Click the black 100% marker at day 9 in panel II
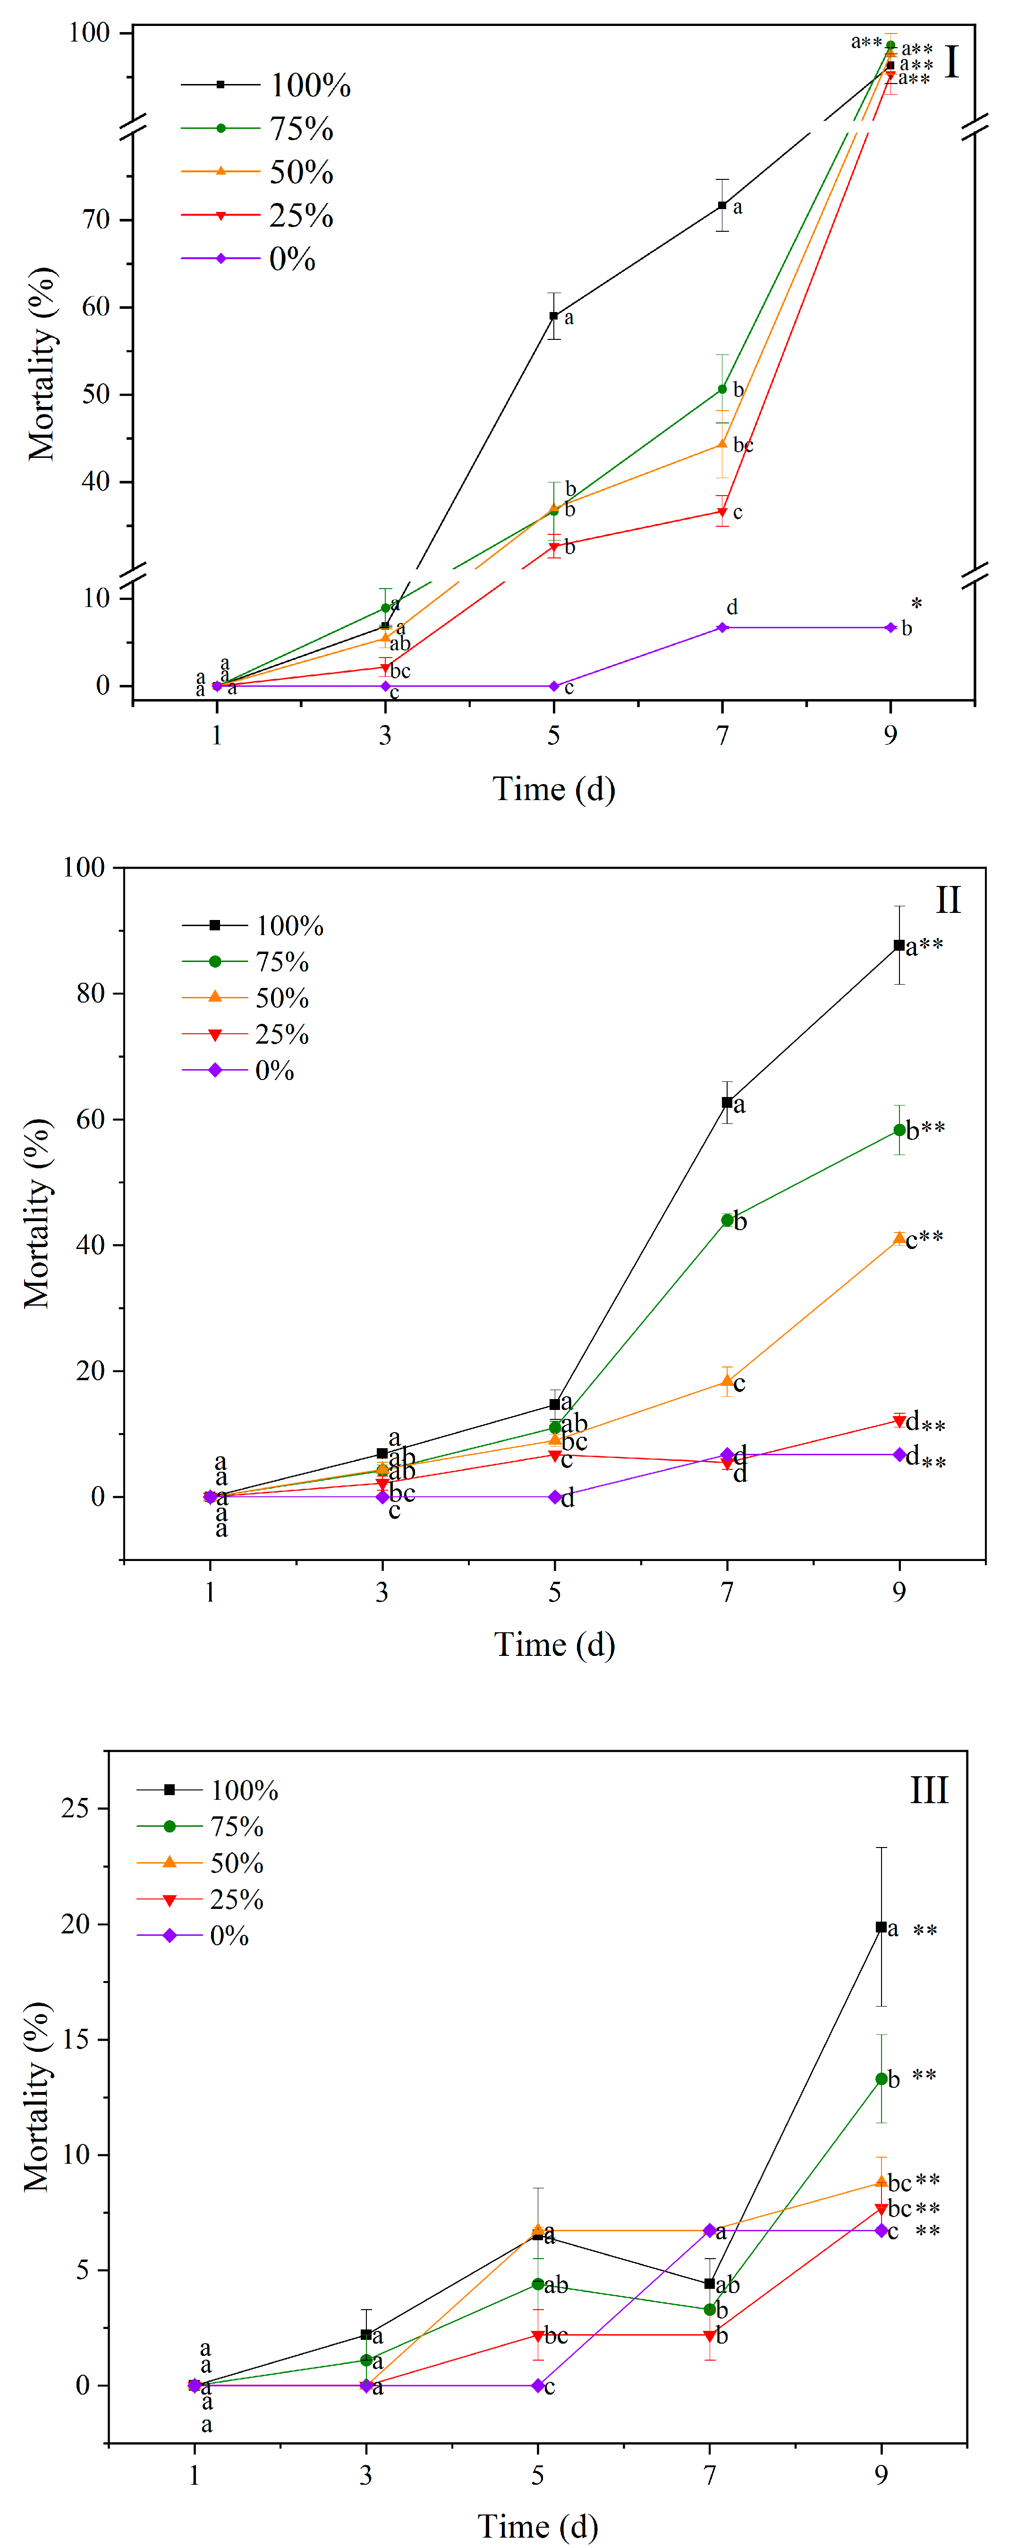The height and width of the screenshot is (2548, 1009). [899, 945]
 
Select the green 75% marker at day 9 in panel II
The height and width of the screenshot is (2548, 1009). [899, 1130]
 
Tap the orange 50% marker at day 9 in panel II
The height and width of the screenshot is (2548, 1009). [899, 1239]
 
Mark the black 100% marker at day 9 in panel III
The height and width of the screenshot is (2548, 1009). [882, 1927]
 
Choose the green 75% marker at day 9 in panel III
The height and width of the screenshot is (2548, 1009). [882, 2079]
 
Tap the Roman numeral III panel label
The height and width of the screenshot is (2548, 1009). [929, 1790]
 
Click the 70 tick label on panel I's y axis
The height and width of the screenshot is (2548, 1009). [96, 219]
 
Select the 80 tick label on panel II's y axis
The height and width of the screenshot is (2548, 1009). [91, 994]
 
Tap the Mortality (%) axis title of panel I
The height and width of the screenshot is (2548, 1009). [42, 364]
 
